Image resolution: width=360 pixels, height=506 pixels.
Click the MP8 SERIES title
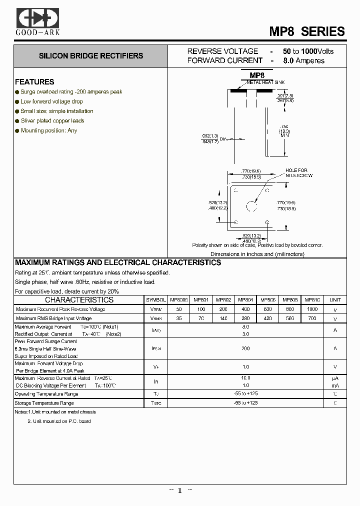coord(307,31)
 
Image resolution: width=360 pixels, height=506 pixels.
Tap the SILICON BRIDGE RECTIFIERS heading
coord(91,56)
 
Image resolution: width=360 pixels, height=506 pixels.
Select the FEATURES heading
coord(34,82)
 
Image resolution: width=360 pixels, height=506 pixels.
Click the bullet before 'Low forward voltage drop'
coord(17,101)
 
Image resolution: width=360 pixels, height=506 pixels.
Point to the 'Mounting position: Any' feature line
coord(49,130)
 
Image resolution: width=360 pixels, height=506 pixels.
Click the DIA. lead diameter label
coord(223,139)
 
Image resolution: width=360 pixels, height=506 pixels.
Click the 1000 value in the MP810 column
coord(312,309)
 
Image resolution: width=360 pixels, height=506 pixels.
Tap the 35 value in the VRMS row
coord(179,318)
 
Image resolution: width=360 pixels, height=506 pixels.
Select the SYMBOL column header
coord(156,300)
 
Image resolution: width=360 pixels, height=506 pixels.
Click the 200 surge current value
coord(245,348)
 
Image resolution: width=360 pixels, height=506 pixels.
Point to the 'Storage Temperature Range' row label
coord(44,403)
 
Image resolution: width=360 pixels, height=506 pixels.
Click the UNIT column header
coord(335,300)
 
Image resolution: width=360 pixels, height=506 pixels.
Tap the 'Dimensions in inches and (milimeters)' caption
coord(257,254)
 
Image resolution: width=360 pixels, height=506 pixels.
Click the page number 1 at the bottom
coord(179,490)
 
